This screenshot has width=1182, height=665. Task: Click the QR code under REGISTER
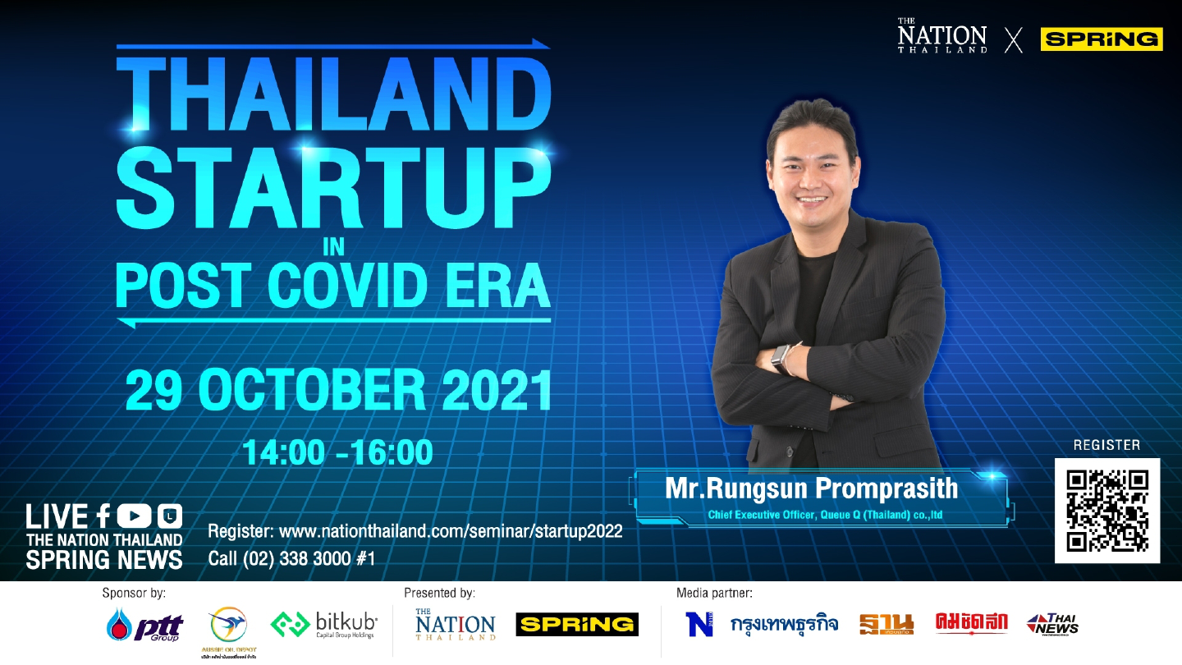pyautogui.click(x=1106, y=510)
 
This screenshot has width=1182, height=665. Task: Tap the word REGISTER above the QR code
pyautogui.click(x=1106, y=445)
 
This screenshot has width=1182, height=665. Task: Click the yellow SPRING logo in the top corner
pyautogui.click(x=1102, y=39)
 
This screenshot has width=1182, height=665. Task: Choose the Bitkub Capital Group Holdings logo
pyautogui.click(x=324, y=625)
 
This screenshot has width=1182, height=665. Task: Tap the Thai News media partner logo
pyautogui.click(x=1052, y=625)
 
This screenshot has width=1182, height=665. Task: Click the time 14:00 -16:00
pyautogui.click(x=337, y=452)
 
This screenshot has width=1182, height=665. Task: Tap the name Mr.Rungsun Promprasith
pyautogui.click(x=811, y=489)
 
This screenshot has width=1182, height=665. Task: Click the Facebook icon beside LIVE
pyautogui.click(x=103, y=516)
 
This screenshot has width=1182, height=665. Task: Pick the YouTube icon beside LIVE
pyautogui.click(x=135, y=516)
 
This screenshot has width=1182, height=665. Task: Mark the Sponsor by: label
pyautogui.click(x=134, y=592)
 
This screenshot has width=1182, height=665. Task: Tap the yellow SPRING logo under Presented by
pyautogui.click(x=577, y=625)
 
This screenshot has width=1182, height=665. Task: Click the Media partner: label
pyautogui.click(x=714, y=592)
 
